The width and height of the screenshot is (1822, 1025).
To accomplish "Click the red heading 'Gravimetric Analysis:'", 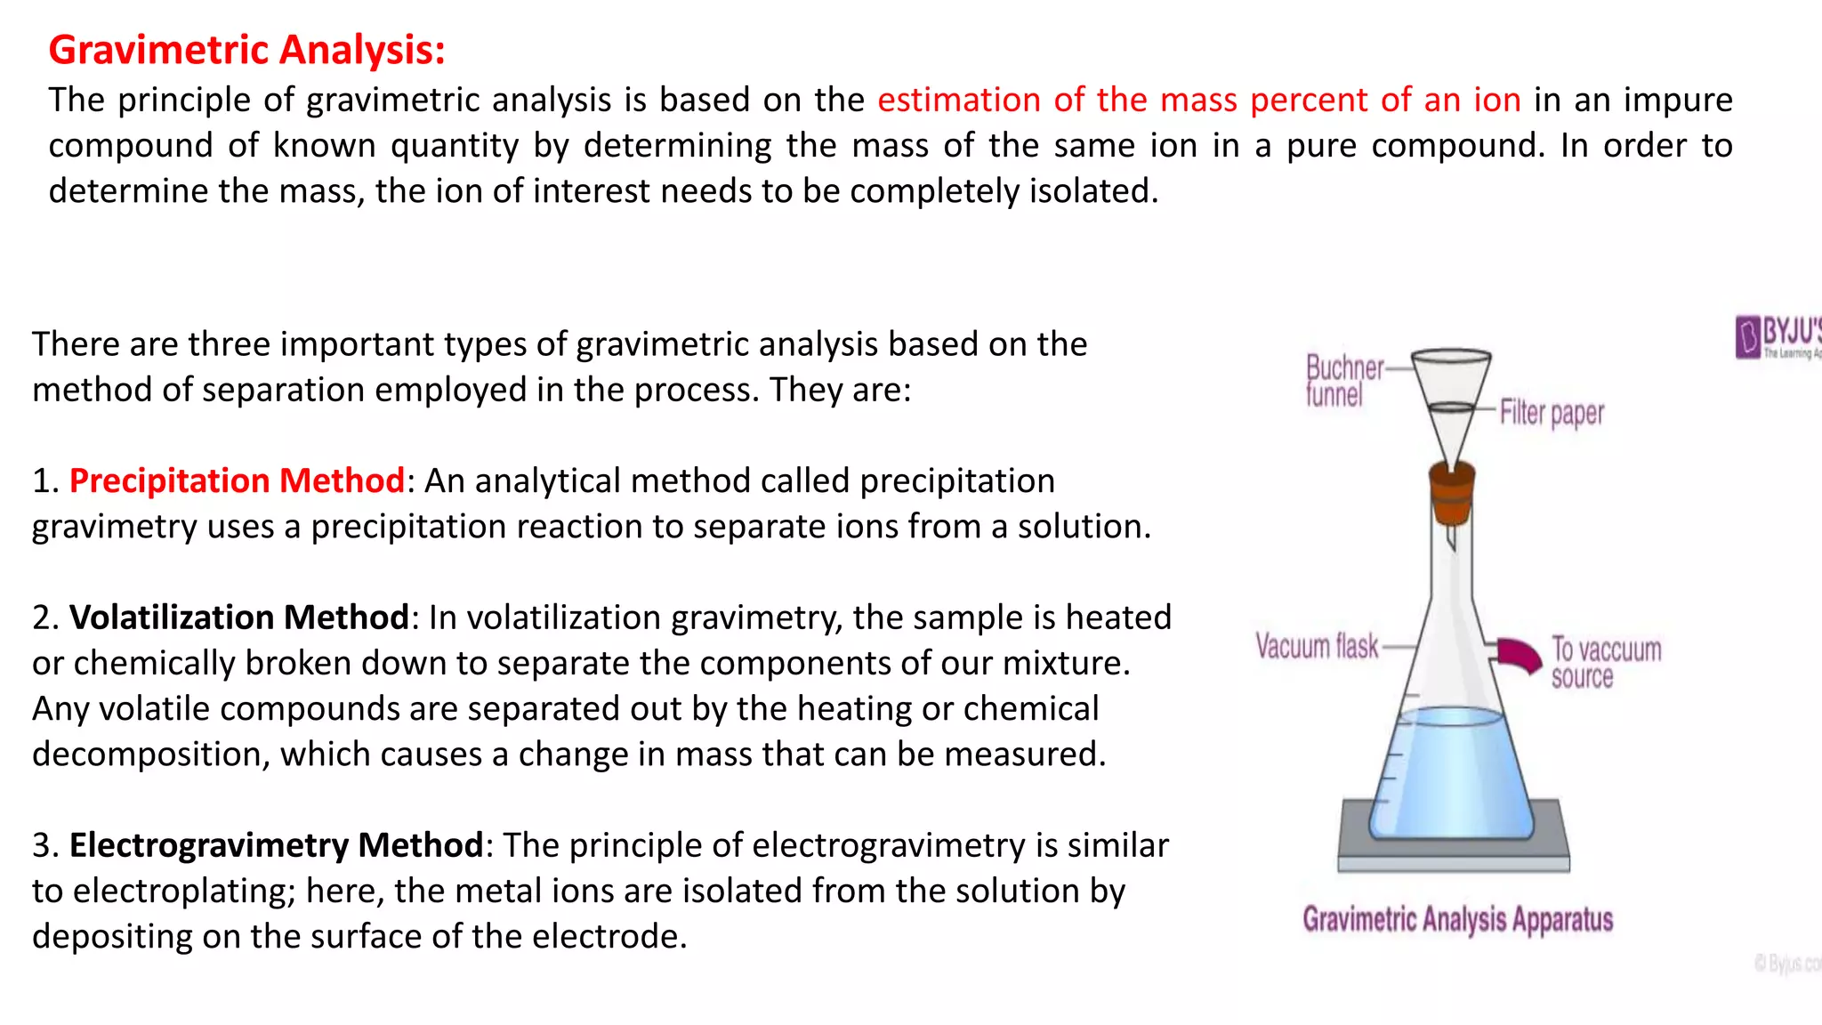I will tap(246, 50).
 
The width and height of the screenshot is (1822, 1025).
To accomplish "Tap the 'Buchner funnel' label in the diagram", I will tap(1343, 380).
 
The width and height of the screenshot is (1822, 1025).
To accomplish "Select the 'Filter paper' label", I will tap(1552, 413).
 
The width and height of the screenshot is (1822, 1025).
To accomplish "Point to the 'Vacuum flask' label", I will tap(1317, 646).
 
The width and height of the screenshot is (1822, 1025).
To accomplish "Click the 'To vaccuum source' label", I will tap(1606, 662).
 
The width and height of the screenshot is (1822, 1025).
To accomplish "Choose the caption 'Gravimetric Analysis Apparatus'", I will tap(1457, 919).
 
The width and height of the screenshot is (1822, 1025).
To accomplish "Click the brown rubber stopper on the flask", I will tap(1451, 495).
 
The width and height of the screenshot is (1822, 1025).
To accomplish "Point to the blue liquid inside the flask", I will tap(1451, 774).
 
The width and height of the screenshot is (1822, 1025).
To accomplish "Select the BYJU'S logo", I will tap(1778, 337).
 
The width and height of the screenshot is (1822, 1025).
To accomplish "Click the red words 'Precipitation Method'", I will tap(237, 480).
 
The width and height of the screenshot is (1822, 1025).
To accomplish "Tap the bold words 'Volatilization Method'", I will tap(238, 617).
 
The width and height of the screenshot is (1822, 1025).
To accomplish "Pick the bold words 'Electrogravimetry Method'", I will tap(276, 845).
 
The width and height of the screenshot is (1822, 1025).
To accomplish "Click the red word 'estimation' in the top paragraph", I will tap(958, 100).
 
